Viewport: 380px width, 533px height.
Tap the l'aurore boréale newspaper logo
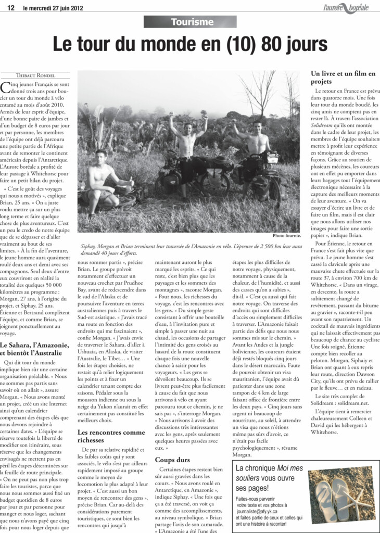point(346,7)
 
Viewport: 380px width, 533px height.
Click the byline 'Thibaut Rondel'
point(35,75)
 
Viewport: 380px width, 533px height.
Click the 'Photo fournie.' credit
point(286,236)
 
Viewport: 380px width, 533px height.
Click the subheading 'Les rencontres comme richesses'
point(111,436)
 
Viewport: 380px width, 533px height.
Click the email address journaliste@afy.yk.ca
point(267,511)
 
